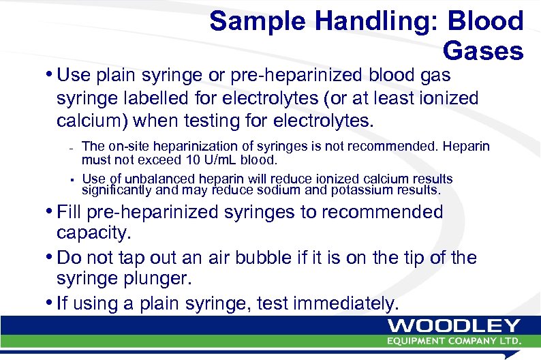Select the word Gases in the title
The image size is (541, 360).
[482, 50]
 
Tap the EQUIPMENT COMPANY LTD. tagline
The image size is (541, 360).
[454, 341]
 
